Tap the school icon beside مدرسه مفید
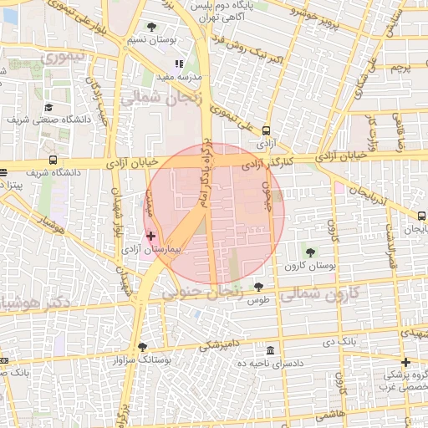pyautogui.click(x=178, y=64)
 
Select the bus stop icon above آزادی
pyautogui.click(x=266, y=130)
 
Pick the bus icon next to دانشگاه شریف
pyautogui.click(x=53, y=160)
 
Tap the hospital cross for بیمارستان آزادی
pyautogui.click(x=150, y=237)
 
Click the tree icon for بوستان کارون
pyautogui.click(x=310, y=251)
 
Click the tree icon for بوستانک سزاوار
pyautogui.click(x=143, y=346)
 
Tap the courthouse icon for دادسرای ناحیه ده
pyautogui.click(x=269, y=349)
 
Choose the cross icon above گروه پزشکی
pyautogui.click(x=405, y=362)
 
